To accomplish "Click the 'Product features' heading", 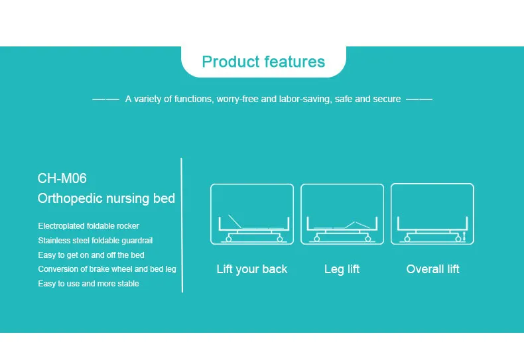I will pyautogui.click(x=263, y=62).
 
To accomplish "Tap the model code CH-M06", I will pyautogui.click(x=62, y=178).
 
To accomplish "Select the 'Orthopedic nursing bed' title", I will pyautogui.click(x=106, y=198).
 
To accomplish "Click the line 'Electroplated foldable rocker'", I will pyautogui.click(x=88, y=226).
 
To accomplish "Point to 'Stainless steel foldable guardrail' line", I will pyautogui.click(x=96, y=241).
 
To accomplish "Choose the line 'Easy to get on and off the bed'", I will pyautogui.click(x=91, y=255).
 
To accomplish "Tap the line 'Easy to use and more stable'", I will pyautogui.click(x=88, y=284).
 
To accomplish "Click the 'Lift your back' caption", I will pyautogui.click(x=252, y=269).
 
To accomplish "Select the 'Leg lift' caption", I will pyautogui.click(x=342, y=269).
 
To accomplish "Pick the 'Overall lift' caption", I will pyautogui.click(x=432, y=269).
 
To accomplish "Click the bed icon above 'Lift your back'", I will pyautogui.click(x=252, y=214).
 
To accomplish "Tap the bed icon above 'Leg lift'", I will pyautogui.click(x=342, y=214).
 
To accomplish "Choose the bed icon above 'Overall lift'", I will pyautogui.click(x=432, y=214).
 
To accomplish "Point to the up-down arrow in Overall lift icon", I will pyautogui.click(x=464, y=235).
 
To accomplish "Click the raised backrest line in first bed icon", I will pyautogui.click(x=233, y=221).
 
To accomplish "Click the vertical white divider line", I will pyautogui.click(x=182, y=225).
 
